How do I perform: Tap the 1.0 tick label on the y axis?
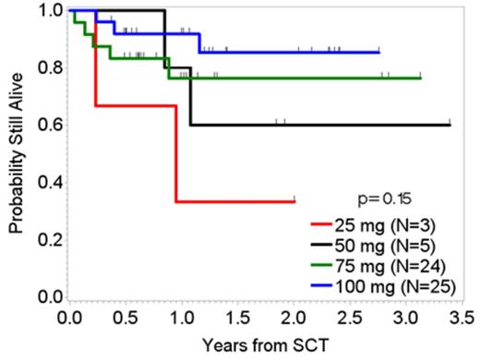coord(42,10)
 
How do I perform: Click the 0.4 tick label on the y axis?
coord(42,182)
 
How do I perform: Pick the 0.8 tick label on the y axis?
coord(42,67)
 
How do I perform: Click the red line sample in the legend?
coord(321,224)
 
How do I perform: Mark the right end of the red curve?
coord(294,200)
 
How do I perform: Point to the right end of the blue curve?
coord(379,52)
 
